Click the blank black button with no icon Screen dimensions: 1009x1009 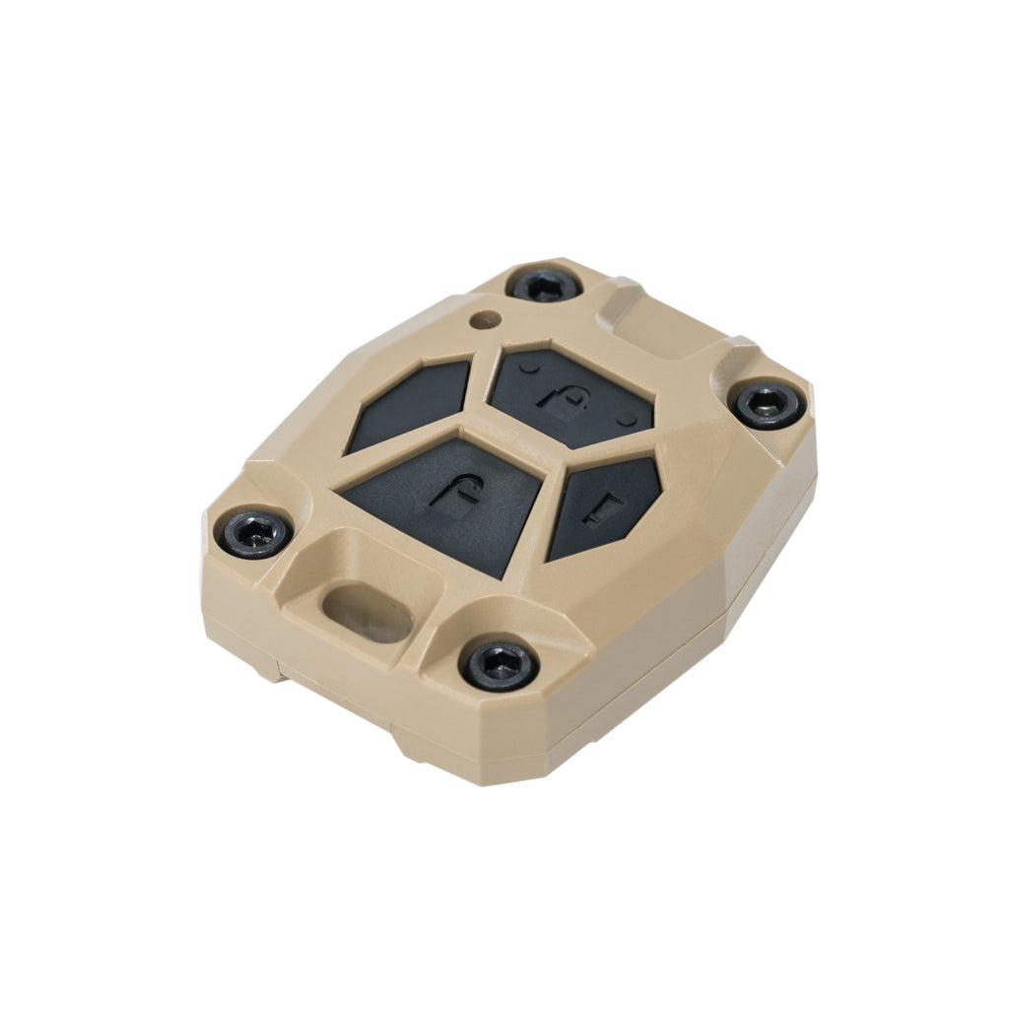tap(413, 405)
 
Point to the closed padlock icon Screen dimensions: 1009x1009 tap(555, 398)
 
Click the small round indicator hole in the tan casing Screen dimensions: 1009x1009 tap(482, 320)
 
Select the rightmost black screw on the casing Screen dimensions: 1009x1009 tap(768, 404)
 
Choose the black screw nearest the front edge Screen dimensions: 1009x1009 tap(500, 665)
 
